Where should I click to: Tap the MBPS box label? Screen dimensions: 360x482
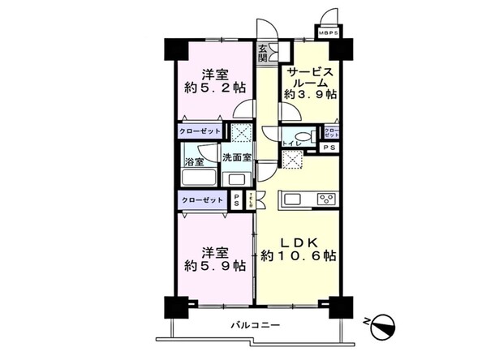click(x=328, y=34)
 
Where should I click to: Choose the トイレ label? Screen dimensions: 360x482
click(x=295, y=143)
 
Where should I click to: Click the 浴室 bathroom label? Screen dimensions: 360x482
click(x=194, y=162)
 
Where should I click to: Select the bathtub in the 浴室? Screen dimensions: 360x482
click(x=198, y=178)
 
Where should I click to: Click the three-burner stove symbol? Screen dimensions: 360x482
click(x=327, y=199)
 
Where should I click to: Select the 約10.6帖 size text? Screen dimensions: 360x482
click(x=299, y=257)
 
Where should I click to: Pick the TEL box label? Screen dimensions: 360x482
click(x=251, y=199)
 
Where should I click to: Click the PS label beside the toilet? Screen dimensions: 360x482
click(x=329, y=148)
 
